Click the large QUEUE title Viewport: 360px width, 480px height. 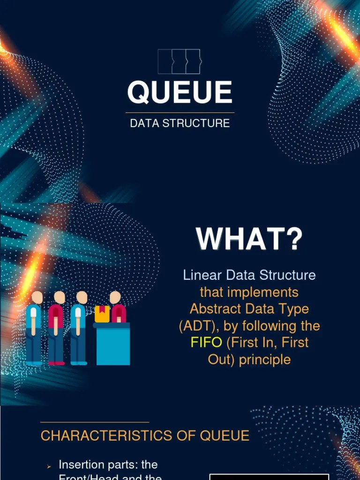[x=180, y=92]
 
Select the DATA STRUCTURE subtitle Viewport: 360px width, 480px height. [x=180, y=123]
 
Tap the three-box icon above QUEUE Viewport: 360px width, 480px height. [x=179, y=61]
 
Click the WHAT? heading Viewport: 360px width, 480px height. [x=249, y=239]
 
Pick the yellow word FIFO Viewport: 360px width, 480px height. [x=206, y=342]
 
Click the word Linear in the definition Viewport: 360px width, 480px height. [x=202, y=275]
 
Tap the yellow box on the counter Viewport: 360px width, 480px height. [x=102, y=314]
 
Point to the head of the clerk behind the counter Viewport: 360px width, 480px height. [x=115, y=297]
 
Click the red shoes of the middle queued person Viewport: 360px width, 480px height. [x=57, y=363]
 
